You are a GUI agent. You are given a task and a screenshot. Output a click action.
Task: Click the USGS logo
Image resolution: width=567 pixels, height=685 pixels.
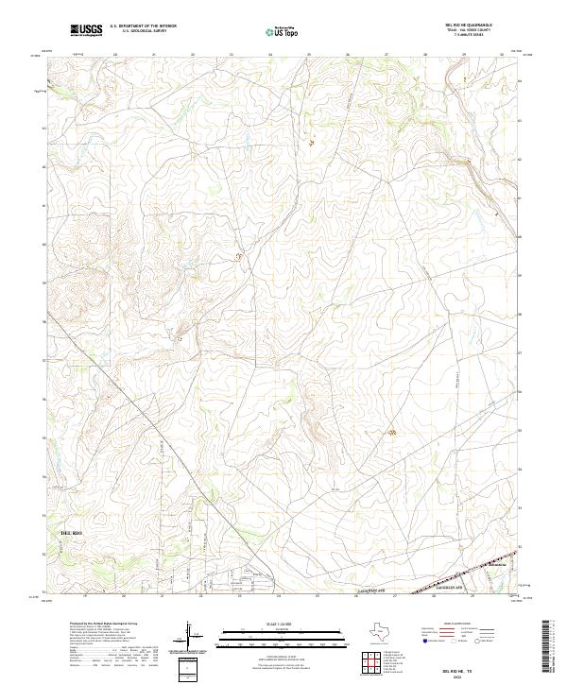pyautogui.click(x=86, y=30)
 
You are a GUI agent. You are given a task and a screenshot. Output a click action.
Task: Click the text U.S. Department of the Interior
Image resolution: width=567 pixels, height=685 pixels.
pyautogui.click(x=143, y=26)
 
